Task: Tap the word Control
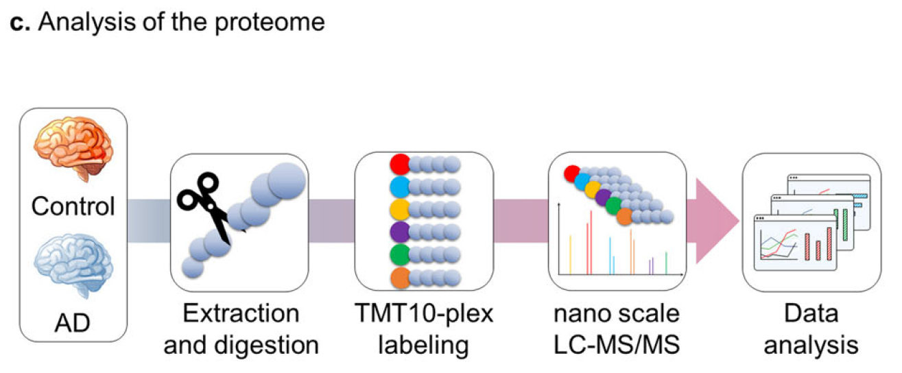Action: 74,206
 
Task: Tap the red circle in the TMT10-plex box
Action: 399,165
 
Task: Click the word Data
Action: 811,315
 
